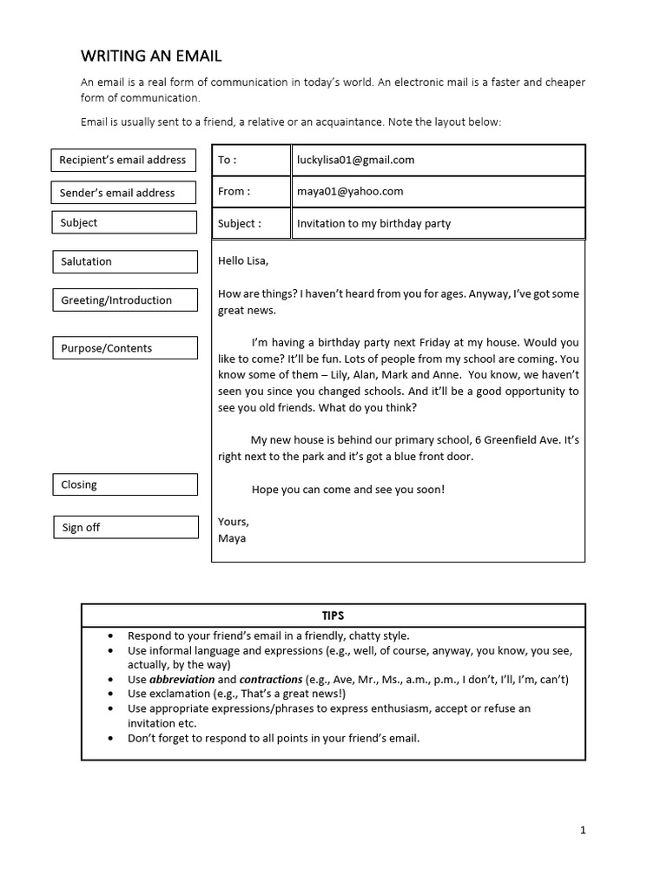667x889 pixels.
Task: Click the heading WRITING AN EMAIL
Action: tap(151, 56)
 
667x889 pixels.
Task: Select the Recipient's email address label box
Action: tap(122, 160)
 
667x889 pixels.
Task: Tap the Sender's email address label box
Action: tap(122, 193)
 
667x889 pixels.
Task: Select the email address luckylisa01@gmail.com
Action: tap(355, 160)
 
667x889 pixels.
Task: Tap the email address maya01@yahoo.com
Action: tap(350, 192)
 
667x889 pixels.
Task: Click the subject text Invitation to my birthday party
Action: tap(373, 223)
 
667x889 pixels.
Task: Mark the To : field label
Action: tap(227, 160)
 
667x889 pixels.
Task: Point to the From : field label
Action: tap(234, 192)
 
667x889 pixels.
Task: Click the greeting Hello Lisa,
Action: tap(243, 260)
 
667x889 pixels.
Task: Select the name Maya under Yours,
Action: tap(232, 538)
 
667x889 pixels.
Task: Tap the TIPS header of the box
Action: tap(333, 616)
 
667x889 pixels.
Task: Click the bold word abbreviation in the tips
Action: tap(181, 679)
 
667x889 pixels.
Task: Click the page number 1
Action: tap(583, 830)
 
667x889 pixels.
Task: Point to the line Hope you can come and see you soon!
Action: tap(347, 490)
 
